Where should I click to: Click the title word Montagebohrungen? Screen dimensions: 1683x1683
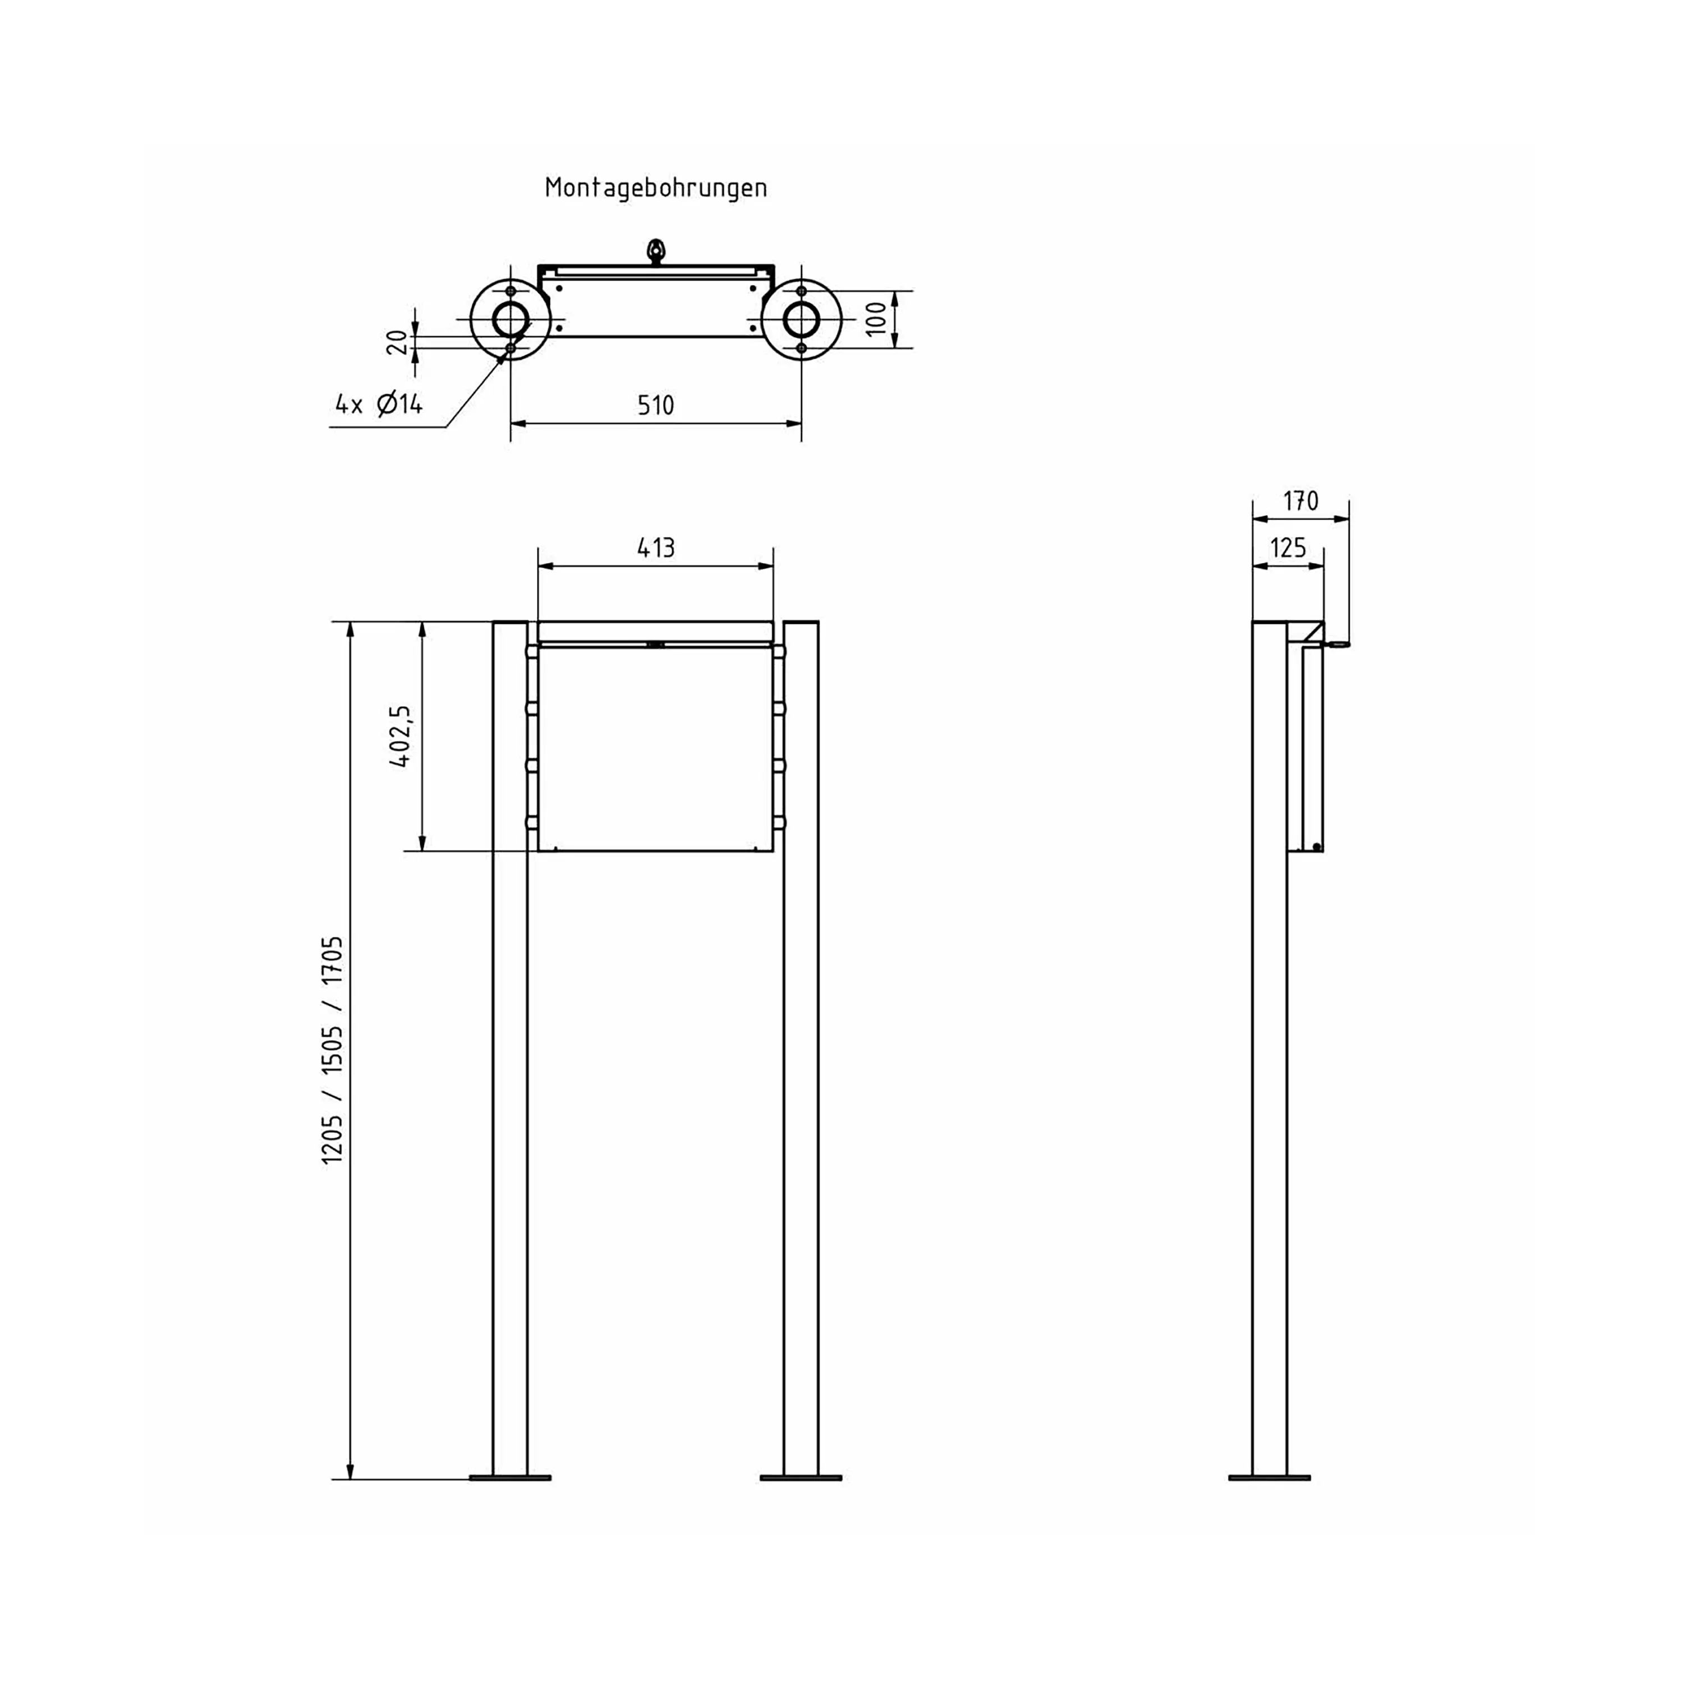click(655, 187)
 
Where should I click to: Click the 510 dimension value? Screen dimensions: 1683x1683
click(655, 405)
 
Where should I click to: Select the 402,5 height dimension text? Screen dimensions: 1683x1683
click(400, 736)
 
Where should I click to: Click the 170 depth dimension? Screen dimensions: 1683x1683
click(1300, 501)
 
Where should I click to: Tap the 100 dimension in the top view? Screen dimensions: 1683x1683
click(877, 318)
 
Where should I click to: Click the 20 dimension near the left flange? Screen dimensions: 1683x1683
click(397, 342)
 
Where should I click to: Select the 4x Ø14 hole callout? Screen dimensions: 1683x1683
click(379, 404)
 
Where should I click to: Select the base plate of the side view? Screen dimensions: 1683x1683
click(1269, 1478)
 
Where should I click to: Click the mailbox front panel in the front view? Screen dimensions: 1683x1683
click(655, 749)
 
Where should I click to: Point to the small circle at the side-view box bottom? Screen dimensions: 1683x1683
click(1316, 847)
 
